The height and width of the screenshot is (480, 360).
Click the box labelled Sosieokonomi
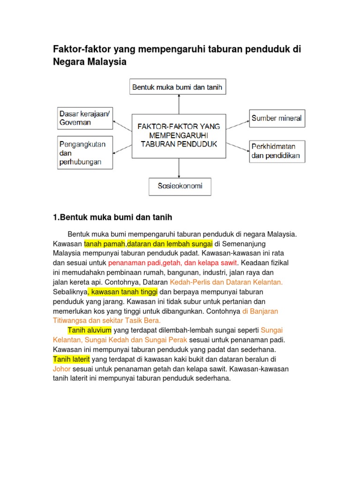click(x=180, y=186)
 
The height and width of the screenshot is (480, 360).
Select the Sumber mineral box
click(x=277, y=118)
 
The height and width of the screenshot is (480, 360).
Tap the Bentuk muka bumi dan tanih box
click(x=178, y=87)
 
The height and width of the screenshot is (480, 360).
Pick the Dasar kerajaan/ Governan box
click(x=84, y=118)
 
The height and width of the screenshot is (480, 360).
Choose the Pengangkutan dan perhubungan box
click(x=84, y=152)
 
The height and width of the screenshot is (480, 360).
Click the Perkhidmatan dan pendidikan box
click(x=277, y=151)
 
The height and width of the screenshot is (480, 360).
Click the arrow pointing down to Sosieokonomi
click(x=179, y=167)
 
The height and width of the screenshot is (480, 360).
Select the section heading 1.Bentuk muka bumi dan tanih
click(x=113, y=217)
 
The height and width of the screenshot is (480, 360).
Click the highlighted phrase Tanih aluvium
click(x=90, y=330)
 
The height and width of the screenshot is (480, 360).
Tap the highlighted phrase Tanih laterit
click(x=72, y=359)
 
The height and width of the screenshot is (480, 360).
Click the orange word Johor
click(x=62, y=368)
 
